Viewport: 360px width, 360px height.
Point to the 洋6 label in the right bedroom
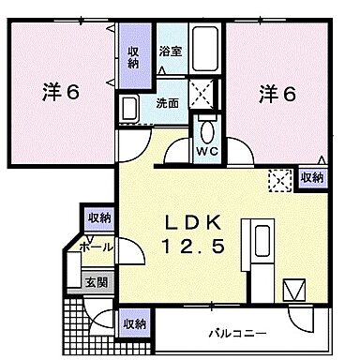277,93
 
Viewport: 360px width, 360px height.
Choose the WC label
205,149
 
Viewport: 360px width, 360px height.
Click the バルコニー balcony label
238,333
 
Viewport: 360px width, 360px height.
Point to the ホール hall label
97,247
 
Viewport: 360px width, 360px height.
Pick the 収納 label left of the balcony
133,323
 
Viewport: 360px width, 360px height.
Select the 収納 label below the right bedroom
311,176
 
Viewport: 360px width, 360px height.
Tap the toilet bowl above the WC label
206,127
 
